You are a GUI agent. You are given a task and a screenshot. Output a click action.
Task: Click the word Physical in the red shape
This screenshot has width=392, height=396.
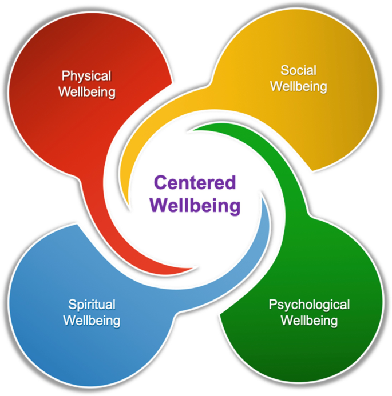point(86,75)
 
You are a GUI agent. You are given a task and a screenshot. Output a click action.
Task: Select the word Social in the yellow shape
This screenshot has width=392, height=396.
point(298,71)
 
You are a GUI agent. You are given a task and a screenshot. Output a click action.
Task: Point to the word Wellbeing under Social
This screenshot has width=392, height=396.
point(298,87)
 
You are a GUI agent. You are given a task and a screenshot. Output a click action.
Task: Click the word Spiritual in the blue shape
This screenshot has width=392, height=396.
point(92,304)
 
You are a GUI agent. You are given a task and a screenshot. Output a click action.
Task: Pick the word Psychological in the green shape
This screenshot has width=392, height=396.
point(309,304)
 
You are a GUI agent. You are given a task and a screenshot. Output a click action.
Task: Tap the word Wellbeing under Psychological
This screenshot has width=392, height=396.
point(309,320)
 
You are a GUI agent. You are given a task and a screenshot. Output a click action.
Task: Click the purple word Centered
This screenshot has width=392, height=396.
point(195,183)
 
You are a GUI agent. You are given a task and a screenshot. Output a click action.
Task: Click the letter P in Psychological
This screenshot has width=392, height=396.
point(273,304)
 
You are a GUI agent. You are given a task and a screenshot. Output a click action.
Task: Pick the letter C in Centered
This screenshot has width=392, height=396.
point(161,183)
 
